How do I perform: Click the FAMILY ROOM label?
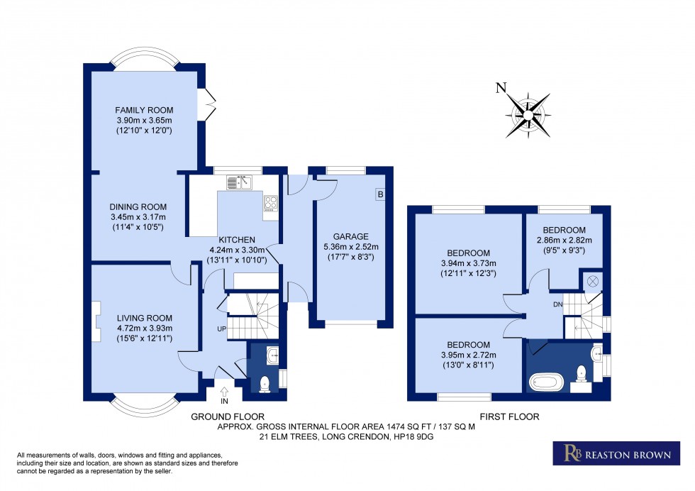click(145, 110)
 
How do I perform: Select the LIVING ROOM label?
click(145, 318)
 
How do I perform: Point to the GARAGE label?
click(351, 236)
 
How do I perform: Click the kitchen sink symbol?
click(241, 183)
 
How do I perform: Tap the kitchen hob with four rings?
click(270, 204)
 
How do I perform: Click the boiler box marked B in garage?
click(380, 194)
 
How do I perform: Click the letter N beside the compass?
click(501, 89)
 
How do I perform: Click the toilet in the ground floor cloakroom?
click(264, 383)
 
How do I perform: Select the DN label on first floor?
click(558, 304)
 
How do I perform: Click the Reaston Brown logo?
click(611, 453)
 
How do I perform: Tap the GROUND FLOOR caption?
click(228, 416)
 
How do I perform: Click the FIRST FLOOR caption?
click(509, 416)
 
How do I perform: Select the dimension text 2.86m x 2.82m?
click(565, 241)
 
